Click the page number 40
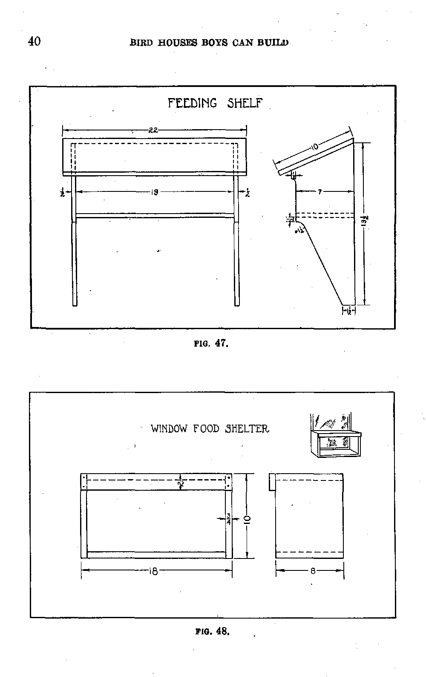pyautogui.click(x=34, y=41)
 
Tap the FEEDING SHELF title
pyautogui.click(x=215, y=103)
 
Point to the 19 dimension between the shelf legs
pyautogui.click(x=155, y=192)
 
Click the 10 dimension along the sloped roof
pyautogui.click(x=314, y=147)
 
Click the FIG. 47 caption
pyautogui.click(x=211, y=343)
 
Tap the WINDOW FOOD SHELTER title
pyautogui.click(x=210, y=428)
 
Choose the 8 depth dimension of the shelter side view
pyautogui.click(x=313, y=571)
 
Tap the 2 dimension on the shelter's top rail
pyautogui.click(x=181, y=483)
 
